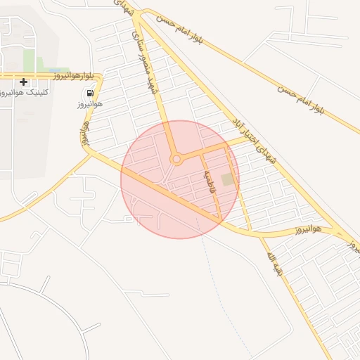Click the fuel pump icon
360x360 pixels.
point(90,94)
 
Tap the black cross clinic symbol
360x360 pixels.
point(24,82)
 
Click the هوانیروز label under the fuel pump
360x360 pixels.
point(90,104)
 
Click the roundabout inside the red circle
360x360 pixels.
point(176,160)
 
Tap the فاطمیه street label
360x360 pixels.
point(209,182)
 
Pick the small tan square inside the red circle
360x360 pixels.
point(226,180)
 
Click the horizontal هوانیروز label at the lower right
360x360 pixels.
point(307,229)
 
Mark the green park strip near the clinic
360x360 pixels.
point(29,59)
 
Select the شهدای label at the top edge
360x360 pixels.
point(122,7)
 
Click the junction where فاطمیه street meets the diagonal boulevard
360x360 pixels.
point(221,217)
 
